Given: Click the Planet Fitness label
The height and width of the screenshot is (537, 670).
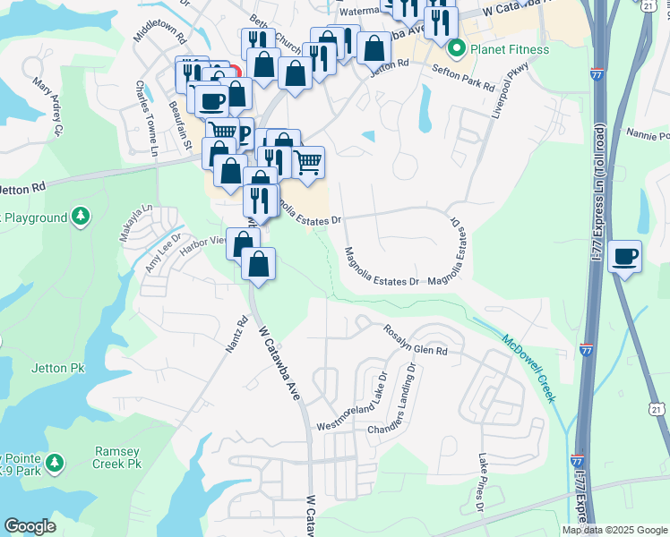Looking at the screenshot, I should point(511,48).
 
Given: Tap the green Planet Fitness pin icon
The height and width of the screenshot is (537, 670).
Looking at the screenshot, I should point(458,48).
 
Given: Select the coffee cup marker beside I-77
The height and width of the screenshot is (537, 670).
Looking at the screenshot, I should point(624,257).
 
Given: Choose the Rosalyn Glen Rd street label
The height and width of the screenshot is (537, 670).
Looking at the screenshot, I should point(417,351).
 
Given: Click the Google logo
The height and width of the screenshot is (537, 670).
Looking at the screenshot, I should point(30,526).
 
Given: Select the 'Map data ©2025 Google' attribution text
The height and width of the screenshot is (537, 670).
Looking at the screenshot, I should point(614,530).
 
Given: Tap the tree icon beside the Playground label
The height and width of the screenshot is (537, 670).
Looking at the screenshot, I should point(82,217).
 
